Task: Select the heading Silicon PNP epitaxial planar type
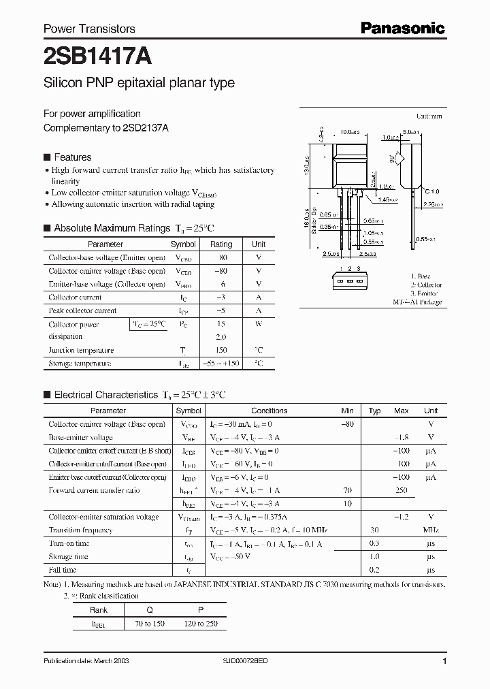139,83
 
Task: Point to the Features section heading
72,157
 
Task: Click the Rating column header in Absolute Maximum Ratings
221,244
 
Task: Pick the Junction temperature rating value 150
221,351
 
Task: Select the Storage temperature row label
80,364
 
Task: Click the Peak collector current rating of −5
221,310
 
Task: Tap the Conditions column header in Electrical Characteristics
269,411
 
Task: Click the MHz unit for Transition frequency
430,530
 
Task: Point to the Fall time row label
63,570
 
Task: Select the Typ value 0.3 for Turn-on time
374,543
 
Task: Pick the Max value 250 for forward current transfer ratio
401,490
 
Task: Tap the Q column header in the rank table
150,611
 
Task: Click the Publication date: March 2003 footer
86,661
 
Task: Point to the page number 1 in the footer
444,661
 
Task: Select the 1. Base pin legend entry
424,277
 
